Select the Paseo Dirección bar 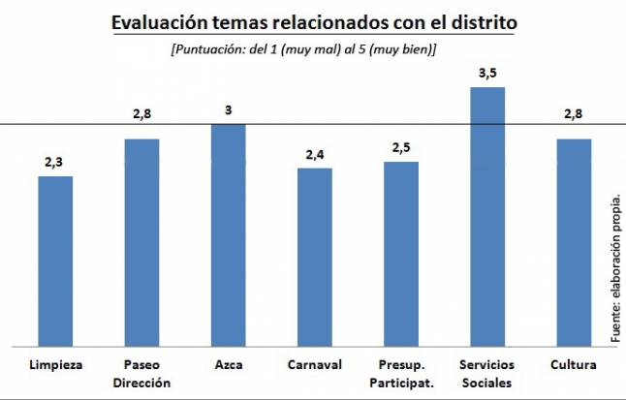point(141,241)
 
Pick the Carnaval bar point(314,256)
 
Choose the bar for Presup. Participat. point(400,253)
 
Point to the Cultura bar point(574,241)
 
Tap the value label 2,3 point(55,161)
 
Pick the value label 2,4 point(314,153)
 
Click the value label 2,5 point(400,146)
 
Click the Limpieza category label point(55,365)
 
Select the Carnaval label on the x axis point(314,365)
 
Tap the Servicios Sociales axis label point(487,373)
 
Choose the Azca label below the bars point(228,365)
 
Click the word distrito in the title point(481,22)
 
